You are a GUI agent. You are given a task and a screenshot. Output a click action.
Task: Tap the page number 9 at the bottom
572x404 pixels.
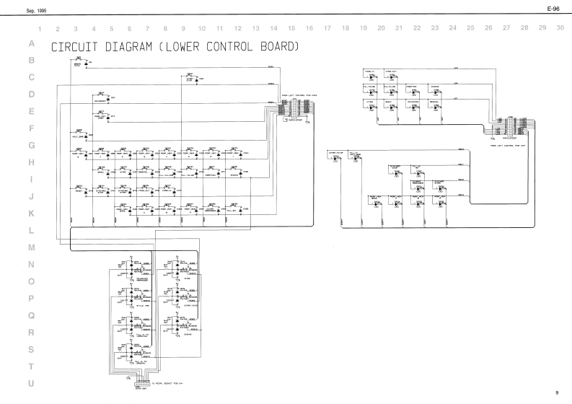(557, 392)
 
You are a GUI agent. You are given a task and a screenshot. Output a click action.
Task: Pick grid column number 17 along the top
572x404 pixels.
(327, 28)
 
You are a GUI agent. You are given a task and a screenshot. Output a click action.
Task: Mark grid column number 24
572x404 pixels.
(452, 28)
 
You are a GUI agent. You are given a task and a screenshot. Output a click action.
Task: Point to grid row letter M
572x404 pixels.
(31, 247)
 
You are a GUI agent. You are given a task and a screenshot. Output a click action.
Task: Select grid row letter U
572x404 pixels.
(31, 384)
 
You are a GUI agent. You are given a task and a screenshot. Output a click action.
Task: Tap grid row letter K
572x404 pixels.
(31, 214)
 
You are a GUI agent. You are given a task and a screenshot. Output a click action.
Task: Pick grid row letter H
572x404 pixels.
(31, 162)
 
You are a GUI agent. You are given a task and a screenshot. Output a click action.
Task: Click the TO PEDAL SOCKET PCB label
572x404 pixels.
(168, 382)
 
